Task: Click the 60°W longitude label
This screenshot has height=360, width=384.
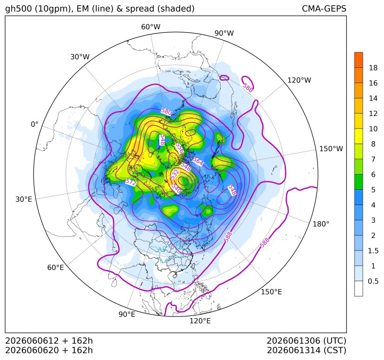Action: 150,27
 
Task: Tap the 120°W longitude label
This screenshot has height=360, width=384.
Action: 299,80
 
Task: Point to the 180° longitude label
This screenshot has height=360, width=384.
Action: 321,224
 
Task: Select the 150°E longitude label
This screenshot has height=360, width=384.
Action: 271,292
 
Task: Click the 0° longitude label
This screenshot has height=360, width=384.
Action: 34,124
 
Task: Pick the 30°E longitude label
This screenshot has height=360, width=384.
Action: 24,199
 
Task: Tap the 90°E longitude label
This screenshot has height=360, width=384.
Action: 127,314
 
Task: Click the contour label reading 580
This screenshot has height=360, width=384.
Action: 167,112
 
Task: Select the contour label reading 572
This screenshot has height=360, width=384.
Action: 131,182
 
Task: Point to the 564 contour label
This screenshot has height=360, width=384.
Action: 198,161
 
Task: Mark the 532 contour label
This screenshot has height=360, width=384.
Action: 175,174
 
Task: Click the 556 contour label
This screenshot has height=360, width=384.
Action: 179,148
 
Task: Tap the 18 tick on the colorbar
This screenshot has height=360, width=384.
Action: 373,68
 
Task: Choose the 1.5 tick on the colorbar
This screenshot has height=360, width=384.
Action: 373,251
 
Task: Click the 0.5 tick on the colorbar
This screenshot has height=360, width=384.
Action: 373,281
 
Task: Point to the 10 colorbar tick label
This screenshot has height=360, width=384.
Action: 373,129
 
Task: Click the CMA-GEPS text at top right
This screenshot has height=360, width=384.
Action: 324,9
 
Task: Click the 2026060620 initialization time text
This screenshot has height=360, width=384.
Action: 32,350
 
